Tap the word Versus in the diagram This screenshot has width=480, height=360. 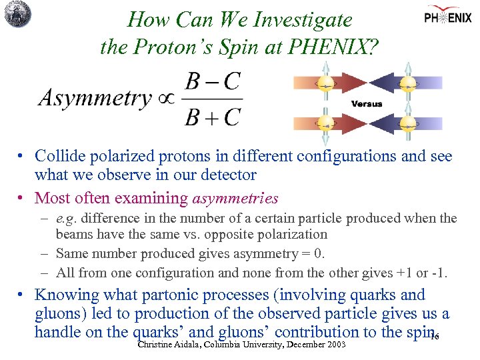point(367,103)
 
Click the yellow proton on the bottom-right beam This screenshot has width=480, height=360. point(406,124)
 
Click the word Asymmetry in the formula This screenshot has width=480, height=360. point(95,98)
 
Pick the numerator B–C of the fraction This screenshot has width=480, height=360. point(212,82)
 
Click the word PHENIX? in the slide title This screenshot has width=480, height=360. point(333,47)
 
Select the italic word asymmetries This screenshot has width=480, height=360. point(235,198)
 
